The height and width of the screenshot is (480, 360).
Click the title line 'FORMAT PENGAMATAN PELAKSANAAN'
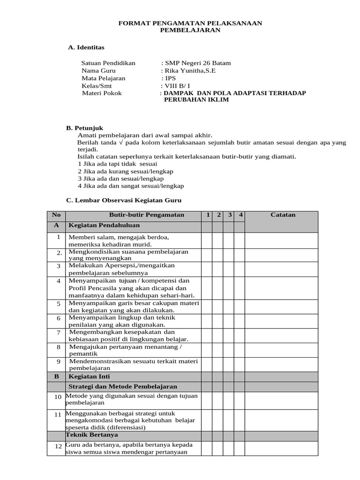pos(190,23)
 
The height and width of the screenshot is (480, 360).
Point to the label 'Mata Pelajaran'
pos(104,78)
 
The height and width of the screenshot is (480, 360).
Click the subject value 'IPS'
pos(170,78)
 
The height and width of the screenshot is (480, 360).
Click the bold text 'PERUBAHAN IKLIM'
pos(196,100)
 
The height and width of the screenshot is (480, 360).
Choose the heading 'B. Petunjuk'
pos(85,128)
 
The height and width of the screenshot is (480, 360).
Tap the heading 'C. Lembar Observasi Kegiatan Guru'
pos(124,201)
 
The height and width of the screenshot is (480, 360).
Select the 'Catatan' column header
pos(283,215)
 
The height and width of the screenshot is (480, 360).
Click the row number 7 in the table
pos(59,332)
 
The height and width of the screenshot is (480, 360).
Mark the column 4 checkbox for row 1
pos(239,240)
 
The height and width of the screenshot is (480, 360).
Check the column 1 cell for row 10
pos(206,399)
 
